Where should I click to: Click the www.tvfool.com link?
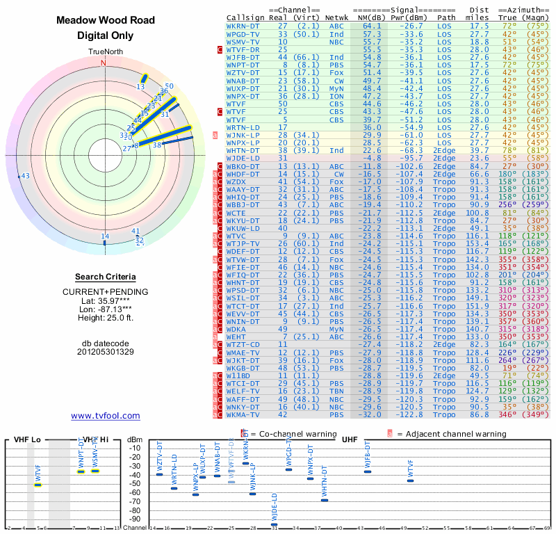point(106,416)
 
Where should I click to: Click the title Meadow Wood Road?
point(105,21)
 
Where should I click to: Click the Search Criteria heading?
point(105,277)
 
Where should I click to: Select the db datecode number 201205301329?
point(105,352)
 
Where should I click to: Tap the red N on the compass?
point(104,63)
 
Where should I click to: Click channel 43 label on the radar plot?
point(25,177)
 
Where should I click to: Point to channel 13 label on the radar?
point(140,87)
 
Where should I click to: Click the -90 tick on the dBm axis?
point(136,519)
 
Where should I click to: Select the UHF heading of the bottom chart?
point(350,440)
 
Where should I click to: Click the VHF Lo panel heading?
point(26,440)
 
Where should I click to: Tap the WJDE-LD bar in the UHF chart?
point(274,524)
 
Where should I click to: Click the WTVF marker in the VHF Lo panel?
point(38,485)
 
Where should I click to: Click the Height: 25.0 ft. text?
point(105,318)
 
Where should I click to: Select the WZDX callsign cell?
point(240,181)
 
